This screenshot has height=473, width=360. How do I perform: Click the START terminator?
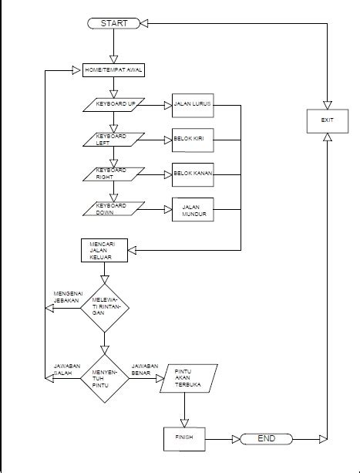(x=113, y=23)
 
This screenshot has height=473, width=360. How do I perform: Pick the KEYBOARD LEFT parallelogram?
(x=113, y=139)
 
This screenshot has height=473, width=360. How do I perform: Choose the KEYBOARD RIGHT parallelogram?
(x=113, y=174)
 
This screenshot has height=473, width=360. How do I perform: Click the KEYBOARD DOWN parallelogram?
(x=113, y=208)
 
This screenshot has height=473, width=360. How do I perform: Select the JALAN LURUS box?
(x=192, y=106)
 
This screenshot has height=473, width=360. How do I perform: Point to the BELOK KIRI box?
(x=192, y=140)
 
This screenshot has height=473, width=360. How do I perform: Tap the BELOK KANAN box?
(x=192, y=174)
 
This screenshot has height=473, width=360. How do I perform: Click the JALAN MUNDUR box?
(x=192, y=209)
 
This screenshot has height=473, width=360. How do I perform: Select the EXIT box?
(x=328, y=120)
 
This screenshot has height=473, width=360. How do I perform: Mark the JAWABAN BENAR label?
(x=145, y=369)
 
